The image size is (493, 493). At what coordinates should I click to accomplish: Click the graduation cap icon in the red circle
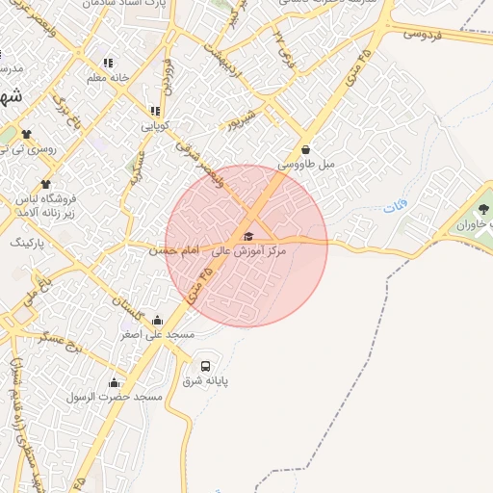[247, 236]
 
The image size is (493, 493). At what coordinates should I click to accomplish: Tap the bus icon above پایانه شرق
[205, 366]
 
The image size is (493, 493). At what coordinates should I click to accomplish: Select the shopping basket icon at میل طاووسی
[306, 150]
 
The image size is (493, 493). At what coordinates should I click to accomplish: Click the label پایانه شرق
[206, 381]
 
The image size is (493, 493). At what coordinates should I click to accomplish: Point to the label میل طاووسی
[306, 165]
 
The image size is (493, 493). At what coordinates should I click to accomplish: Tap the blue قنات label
[395, 207]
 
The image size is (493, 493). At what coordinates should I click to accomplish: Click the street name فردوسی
[422, 34]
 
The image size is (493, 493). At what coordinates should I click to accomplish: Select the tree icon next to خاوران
[483, 209]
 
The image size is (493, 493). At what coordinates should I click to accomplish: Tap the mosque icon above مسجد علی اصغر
[158, 321]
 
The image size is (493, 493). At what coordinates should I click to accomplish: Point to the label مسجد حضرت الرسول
[115, 397]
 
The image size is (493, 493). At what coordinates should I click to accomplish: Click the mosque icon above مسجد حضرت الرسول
[115, 382]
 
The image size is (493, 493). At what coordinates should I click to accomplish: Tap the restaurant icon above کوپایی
[155, 111]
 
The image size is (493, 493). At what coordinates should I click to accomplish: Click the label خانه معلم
[107, 77]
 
